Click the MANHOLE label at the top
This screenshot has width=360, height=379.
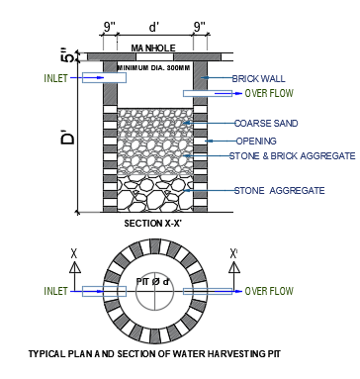pyautogui.click(x=153, y=48)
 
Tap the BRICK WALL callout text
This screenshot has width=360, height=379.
pyautogui.click(x=259, y=78)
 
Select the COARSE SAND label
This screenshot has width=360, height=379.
pyautogui.click(x=266, y=124)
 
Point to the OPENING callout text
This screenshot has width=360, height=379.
pyautogui.click(x=256, y=142)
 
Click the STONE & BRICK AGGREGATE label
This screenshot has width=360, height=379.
pyautogui.click(x=293, y=155)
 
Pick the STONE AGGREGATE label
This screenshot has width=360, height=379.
pyautogui.click(x=280, y=191)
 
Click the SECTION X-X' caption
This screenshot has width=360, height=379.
pyautogui.click(x=153, y=224)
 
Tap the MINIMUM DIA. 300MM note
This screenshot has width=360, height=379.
pyautogui.click(x=154, y=68)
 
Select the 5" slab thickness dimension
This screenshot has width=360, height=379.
pyautogui.click(x=68, y=55)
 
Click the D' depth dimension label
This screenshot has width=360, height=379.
pyautogui.click(x=68, y=138)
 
